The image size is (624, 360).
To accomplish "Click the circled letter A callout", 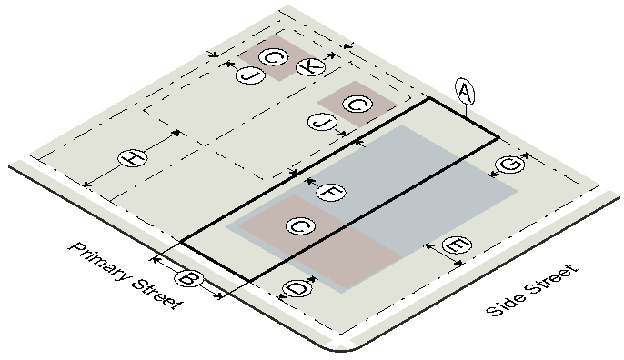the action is [x=465, y=93].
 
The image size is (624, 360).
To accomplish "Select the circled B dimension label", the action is [x=188, y=277].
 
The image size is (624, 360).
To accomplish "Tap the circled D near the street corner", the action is [x=297, y=288].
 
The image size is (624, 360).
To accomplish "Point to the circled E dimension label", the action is [x=457, y=245].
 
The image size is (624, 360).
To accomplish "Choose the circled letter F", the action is [x=331, y=192].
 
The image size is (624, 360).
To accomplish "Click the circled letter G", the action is [x=509, y=165].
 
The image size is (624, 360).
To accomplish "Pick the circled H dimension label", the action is [x=133, y=158].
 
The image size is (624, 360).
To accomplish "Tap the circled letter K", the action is [x=311, y=66].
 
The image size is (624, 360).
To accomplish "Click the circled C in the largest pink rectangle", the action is [x=301, y=226].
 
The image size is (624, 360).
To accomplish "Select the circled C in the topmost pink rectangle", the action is [x=274, y=57].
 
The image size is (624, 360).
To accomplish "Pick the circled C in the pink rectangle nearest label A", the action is [x=357, y=105].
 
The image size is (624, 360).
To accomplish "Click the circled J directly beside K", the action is [x=250, y=75].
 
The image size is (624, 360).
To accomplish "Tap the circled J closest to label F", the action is [x=322, y=121].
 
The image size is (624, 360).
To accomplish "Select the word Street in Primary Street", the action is [x=157, y=294].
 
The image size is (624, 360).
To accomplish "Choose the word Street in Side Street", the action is [x=551, y=280].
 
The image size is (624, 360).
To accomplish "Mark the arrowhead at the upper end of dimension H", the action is [x=177, y=133].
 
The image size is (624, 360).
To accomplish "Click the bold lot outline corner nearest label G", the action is [x=498, y=137].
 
